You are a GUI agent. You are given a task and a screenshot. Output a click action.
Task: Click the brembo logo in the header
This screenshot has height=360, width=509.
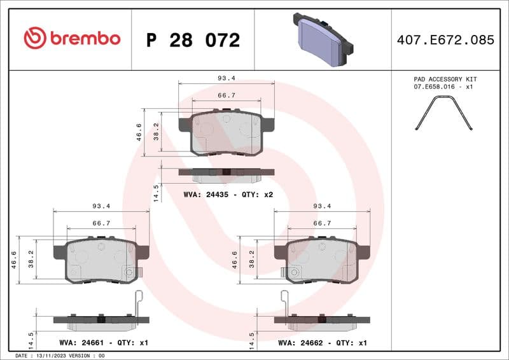(72, 39)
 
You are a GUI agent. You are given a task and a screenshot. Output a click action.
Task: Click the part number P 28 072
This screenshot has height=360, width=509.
(193, 40)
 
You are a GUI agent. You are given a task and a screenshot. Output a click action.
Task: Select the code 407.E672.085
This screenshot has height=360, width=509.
(445, 40)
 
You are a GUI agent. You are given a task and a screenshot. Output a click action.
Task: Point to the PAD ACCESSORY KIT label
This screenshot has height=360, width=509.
(445, 79)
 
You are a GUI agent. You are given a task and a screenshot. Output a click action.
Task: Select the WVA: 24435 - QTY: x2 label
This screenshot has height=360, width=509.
(228, 194)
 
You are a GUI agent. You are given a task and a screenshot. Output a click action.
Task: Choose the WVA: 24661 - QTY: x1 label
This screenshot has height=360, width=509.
(103, 342)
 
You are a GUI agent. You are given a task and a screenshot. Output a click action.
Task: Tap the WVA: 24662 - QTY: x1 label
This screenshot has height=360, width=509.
(323, 342)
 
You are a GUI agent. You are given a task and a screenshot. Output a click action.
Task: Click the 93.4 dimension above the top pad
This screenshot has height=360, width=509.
(227, 78)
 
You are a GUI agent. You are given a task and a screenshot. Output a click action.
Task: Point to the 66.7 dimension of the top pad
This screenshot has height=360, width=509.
(227, 95)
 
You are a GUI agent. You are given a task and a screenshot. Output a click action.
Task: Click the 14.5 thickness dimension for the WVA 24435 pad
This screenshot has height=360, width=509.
(155, 192)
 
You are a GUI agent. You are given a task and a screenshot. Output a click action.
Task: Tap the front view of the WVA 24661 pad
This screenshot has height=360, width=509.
(102, 260)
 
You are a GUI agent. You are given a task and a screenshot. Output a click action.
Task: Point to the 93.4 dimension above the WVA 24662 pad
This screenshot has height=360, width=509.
(322, 206)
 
